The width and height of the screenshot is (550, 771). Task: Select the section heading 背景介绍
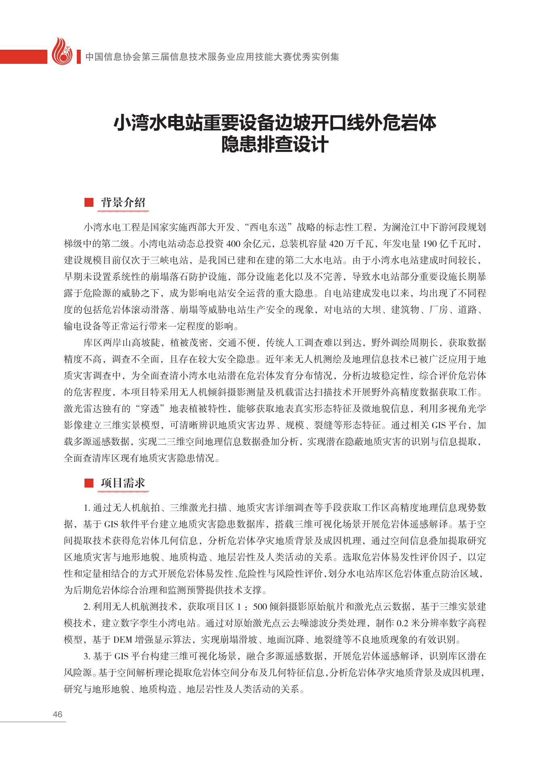coord(123,202)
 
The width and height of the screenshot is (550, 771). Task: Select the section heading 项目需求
coord(123,483)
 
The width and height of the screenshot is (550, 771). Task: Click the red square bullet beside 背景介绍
coord(89,202)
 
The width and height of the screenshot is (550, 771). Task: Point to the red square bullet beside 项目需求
coord(89,483)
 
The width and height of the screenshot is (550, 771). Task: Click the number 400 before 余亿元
coord(234,244)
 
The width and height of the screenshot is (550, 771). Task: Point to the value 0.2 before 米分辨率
coord(402,624)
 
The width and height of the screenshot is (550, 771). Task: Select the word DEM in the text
coord(122,640)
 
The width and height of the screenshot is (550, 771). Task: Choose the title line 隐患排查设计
coord(275,145)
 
